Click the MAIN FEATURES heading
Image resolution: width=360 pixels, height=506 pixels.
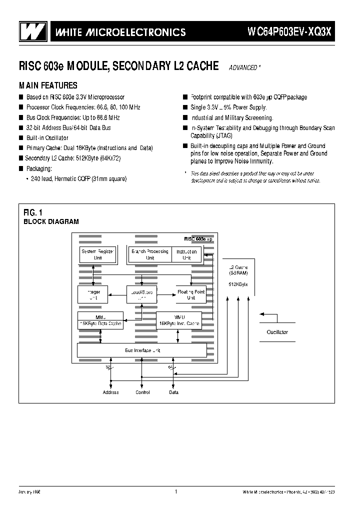tap(48, 85)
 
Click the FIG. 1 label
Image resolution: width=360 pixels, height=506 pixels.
tap(33, 212)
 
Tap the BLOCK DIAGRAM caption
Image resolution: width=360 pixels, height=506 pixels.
tap(51, 221)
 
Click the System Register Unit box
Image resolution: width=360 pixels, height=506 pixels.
tap(97, 254)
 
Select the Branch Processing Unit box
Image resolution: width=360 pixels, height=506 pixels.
tap(150, 254)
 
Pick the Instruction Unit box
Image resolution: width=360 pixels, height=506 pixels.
tap(186, 254)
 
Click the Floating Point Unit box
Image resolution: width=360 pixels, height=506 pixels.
tap(190, 294)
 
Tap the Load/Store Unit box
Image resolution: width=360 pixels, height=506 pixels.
tap(141, 294)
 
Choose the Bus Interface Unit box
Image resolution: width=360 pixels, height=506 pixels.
tap(142, 350)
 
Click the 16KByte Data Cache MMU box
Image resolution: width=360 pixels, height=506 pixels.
tap(101, 320)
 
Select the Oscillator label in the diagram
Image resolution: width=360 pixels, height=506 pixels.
tap(277, 332)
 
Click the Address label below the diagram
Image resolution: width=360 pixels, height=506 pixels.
tap(110, 392)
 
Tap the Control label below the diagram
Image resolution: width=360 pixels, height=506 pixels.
tap(143, 392)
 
